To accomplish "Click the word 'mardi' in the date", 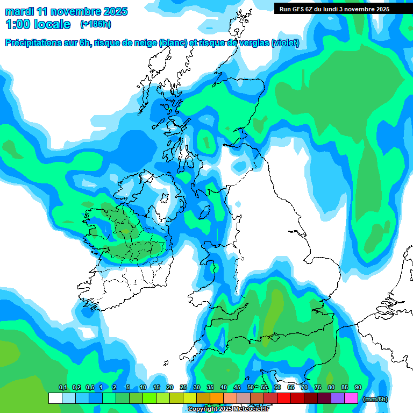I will tap(19, 11).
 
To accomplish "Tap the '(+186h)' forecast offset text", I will tap(95, 24).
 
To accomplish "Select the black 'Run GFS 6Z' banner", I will tap(339, 9).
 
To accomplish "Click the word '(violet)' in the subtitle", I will tap(286, 43).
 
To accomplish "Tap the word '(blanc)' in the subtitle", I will tap(173, 43).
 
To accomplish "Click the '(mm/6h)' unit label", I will tap(375, 399).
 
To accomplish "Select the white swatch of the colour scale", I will tap(55, 398).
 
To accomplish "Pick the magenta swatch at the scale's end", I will tap(351, 398).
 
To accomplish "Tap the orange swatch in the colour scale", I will tap(217, 398).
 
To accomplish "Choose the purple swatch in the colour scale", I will tap(338, 398).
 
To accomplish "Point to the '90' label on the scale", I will tap(358, 387).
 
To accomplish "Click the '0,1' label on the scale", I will tap(62, 387).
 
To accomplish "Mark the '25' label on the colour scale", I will tap(183, 387).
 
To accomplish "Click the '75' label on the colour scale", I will tap(318, 387).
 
